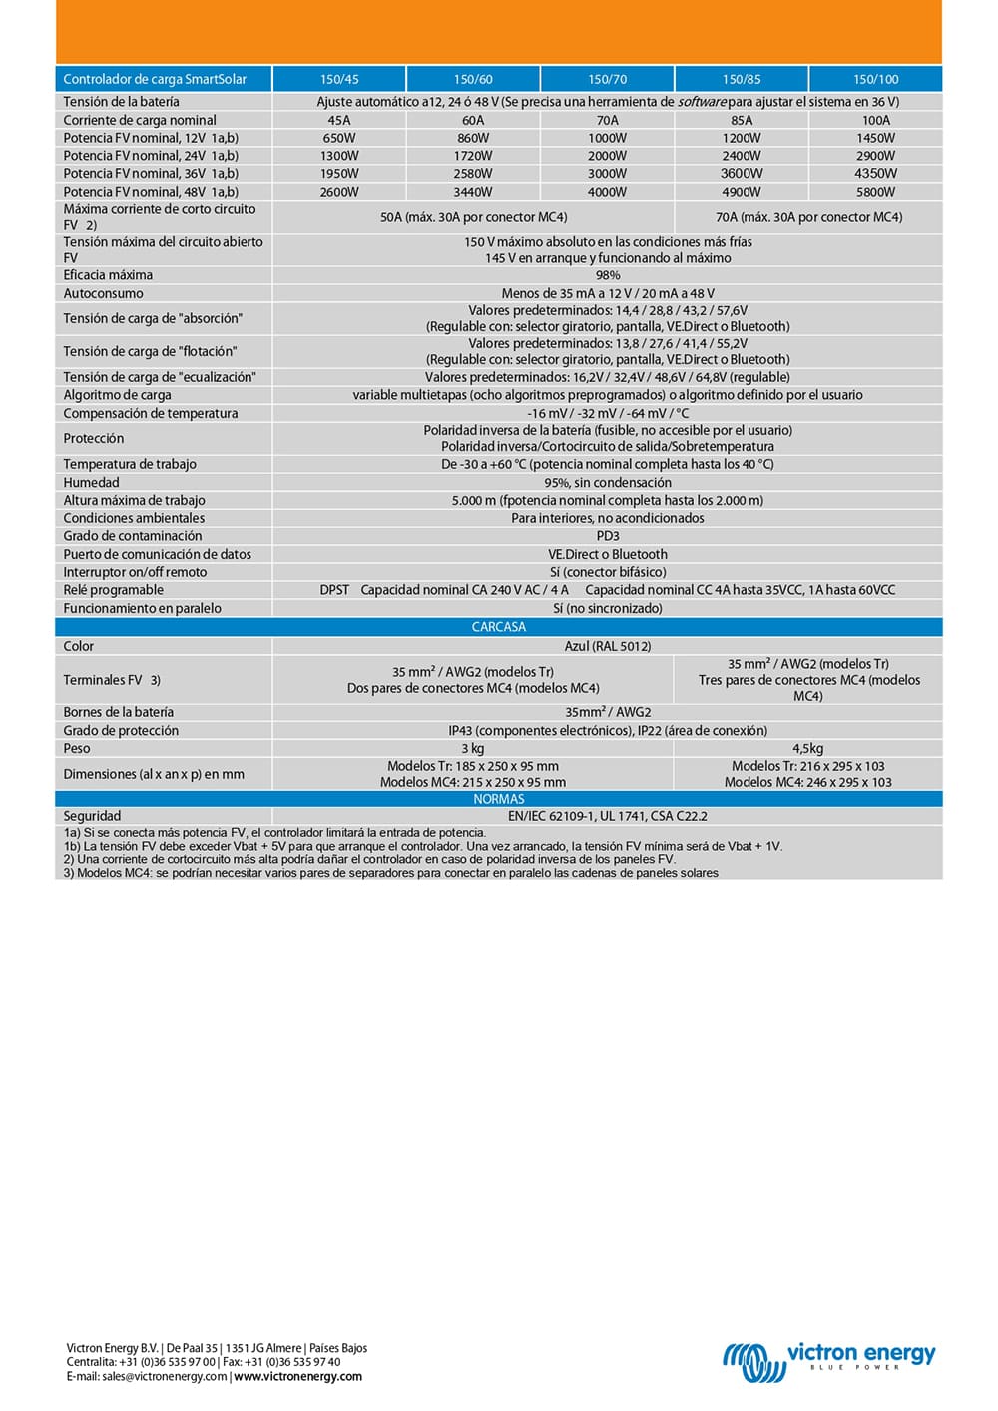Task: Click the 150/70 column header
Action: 607,79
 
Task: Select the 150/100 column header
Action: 875,79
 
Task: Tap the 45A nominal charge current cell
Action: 339,120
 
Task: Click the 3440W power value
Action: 473,192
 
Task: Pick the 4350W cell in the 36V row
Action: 875,174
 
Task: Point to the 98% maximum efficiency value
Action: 607,275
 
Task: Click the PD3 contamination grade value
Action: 607,536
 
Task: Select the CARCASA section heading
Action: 498,627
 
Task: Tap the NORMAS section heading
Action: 498,799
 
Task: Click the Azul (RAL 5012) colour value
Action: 607,646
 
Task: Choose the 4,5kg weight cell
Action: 807,748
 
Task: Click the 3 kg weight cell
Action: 473,748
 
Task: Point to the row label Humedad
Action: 91,483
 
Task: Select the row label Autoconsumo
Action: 103,294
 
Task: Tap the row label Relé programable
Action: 113,590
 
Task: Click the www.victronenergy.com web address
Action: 298,1377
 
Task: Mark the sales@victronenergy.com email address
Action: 165,1377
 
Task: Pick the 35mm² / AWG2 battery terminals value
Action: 607,712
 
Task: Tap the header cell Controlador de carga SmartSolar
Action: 155,79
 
